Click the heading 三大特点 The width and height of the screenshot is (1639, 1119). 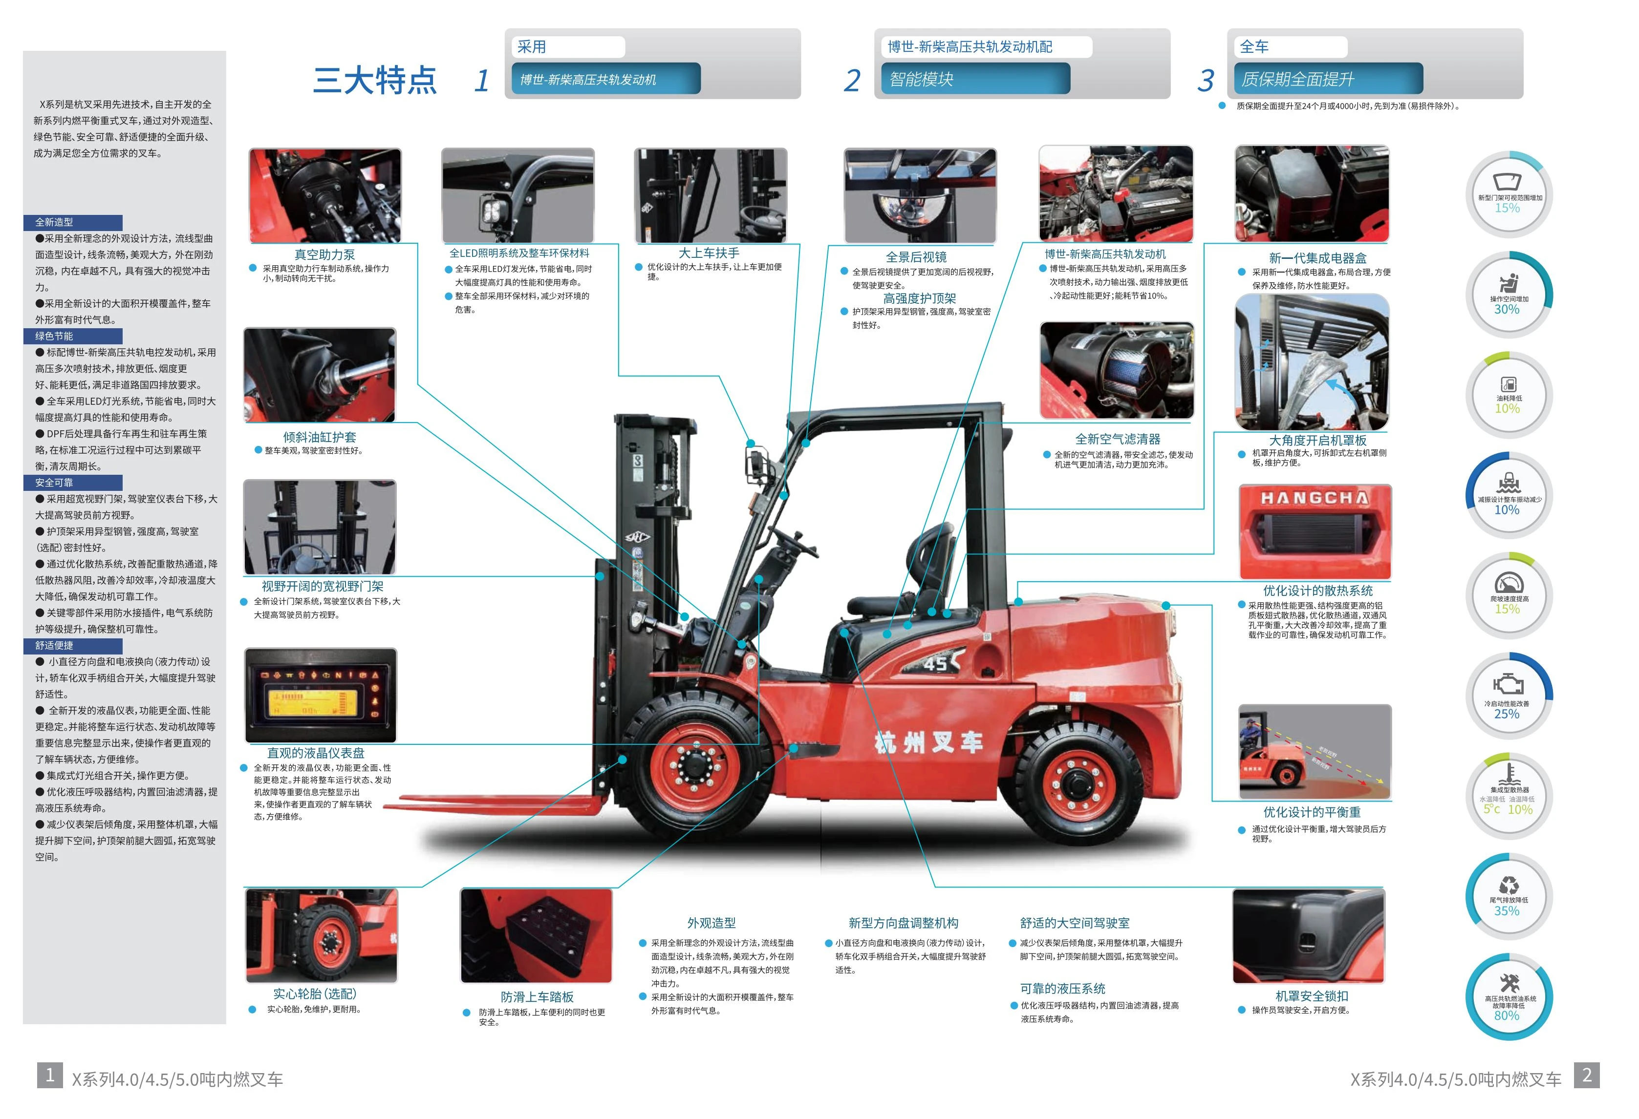coord(375,80)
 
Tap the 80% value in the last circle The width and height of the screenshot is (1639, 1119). coord(1507,1015)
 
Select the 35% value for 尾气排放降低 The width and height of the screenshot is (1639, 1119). coord(1507,910)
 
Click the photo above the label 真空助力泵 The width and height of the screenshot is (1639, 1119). coord(325,195)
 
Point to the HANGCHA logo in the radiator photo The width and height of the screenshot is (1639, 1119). coord(1315,498)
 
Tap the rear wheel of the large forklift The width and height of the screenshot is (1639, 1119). coord(1075,782)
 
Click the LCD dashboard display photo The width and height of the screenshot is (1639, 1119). coord(321,695)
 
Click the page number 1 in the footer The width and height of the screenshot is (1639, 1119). coord(50,1075)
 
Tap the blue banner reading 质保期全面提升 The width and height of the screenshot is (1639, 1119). coord(1328,78)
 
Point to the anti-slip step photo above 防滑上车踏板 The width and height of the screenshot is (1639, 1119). coord(536,936)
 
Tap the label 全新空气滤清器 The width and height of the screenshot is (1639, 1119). coord(1118,439)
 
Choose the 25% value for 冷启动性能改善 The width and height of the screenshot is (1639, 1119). coord(1507,714)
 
